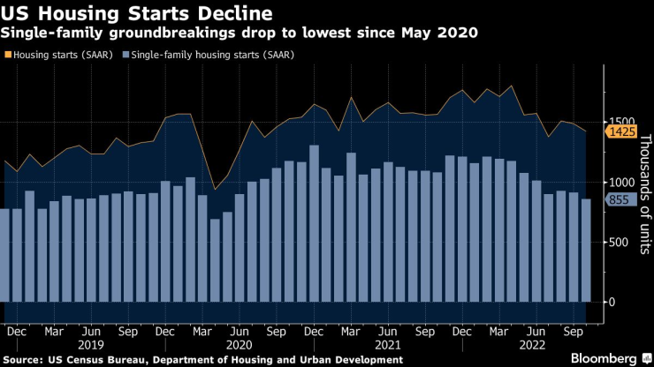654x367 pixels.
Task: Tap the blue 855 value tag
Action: point(617,200)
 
